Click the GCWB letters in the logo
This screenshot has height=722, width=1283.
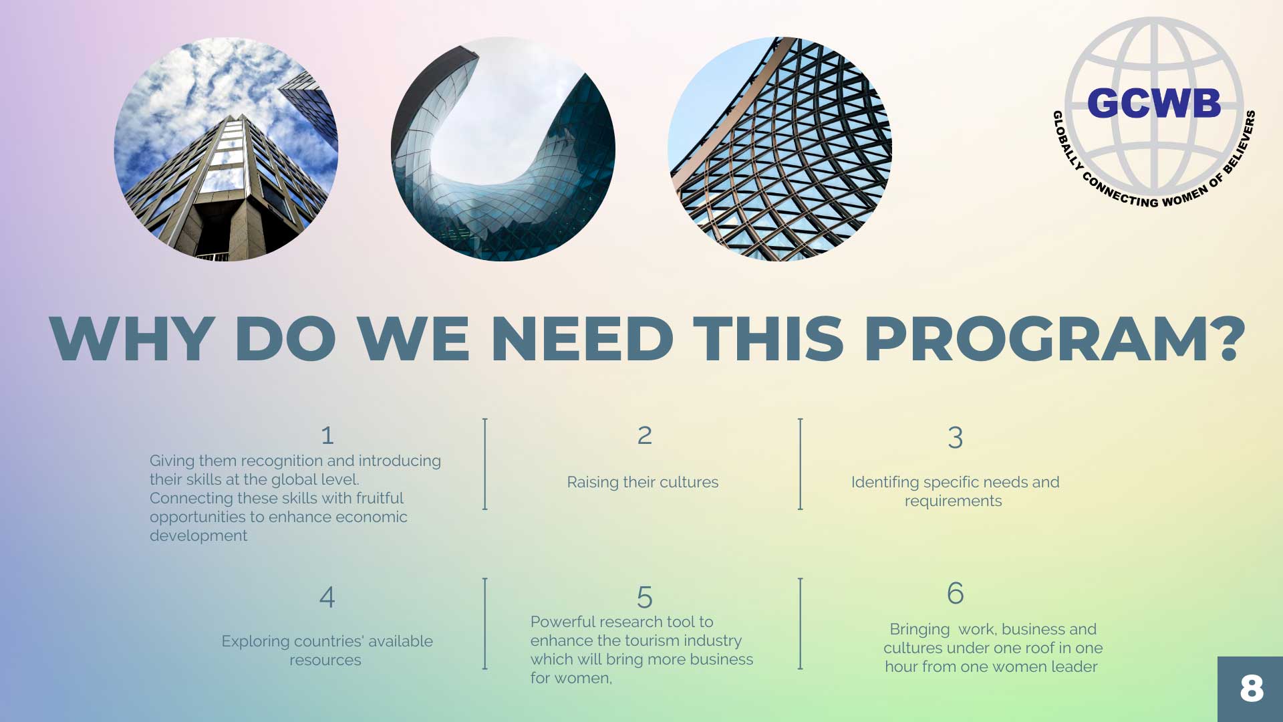pyautogui.click(x=1154, y=104)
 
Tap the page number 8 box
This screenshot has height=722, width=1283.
pyautogui.click(x=1250, y=689)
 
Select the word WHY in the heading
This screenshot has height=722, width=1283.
pyautogui.click(x=132, y=338)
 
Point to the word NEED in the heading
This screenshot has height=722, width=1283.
pyautogui.click(x=583, y=338)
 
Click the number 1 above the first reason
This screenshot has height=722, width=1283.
pyautogui.click(x=327, y=436)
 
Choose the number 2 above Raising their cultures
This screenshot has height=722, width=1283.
pyautogui.click(x=644, y=436)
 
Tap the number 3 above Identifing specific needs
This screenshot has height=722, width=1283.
pyautogui.click(x=955, y=438)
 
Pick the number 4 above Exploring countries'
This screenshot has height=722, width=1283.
pyautogui.click(x=327, y=597)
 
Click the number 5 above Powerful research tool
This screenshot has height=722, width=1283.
pyautogui.click(x=644, y=597)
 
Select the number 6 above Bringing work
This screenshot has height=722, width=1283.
pyautogui.click(x=955, y=593)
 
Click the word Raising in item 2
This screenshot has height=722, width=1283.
pyautogui.click(x=593, y=483)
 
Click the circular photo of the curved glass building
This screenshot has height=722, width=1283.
pyautogui.click(x=503, y=149)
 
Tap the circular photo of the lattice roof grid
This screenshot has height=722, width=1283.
pyautogui.click(x=780, y=149)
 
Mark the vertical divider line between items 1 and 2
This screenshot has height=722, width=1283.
pyautogui.click(x=485, y=464)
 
